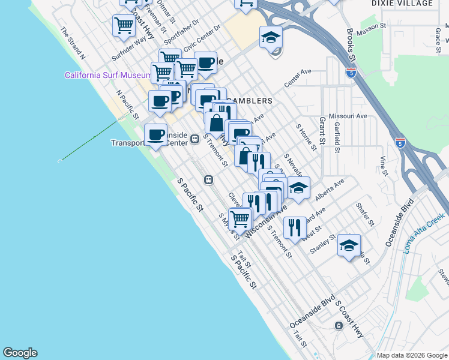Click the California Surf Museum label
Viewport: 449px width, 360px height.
pyautogui.click(x=108, y=75)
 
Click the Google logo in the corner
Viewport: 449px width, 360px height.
pyautogui.click(x=20, y=353)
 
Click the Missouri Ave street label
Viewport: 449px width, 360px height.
pyautogui.click(x=352, y=116)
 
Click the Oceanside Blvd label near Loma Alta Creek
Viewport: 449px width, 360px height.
pyautogui.click(x=400, y=218)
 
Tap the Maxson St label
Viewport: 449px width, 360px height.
pyautogui.click(x=371, y=27)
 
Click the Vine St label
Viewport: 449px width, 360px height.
pyautogui.click(x=383, y=163)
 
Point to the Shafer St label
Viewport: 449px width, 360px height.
pyautogui.click(x=365, y=214)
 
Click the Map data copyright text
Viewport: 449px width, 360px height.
pyautogui.click(x=412, y=355)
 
